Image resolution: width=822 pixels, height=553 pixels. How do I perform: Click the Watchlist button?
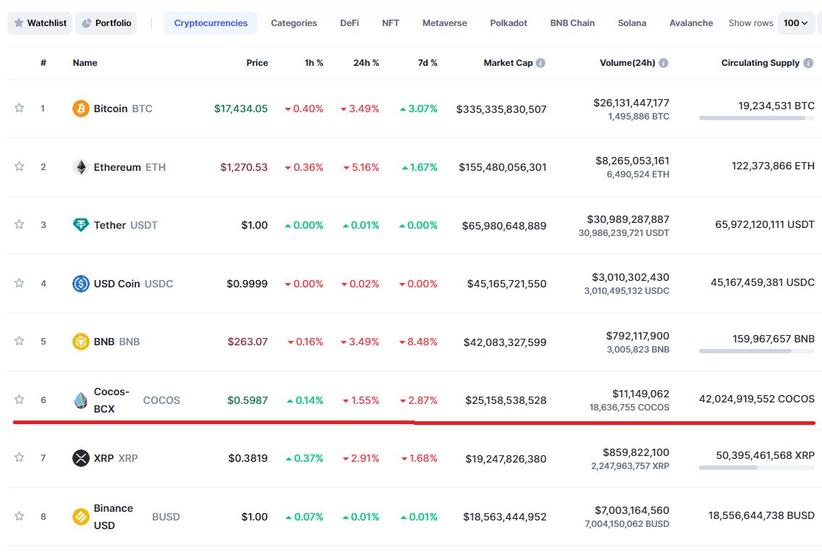click(40, 23)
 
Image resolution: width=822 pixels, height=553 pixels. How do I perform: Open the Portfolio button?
click(106, 23)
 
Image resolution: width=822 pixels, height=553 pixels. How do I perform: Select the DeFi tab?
click(349, 23)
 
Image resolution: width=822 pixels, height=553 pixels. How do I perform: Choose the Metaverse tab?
click(444, 23)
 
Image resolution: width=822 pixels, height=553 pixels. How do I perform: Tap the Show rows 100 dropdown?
click(796, 23)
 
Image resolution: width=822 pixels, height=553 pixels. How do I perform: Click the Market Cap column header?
click(508, 63)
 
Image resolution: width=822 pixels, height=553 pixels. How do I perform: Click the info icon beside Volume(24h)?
click(663, 63)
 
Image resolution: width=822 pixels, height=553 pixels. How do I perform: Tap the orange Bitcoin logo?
click(81, 109)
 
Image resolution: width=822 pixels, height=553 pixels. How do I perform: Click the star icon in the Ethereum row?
click(20, 166)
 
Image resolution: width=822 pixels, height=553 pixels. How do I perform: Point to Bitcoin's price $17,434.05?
click(241, 109)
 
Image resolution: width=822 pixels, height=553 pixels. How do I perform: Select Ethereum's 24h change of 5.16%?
click(361, 167)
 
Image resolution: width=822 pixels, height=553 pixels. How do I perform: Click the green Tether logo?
click(81, 225)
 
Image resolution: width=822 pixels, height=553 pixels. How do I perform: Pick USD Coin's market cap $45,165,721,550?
click(507, 284)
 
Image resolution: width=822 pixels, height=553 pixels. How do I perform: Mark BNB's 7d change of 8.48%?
click(418, 342)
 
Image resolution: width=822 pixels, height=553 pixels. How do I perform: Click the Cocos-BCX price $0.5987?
click(247, 400)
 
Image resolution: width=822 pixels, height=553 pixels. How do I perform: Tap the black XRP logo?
click(81, 458)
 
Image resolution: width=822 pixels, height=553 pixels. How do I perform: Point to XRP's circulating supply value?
click(765, 455)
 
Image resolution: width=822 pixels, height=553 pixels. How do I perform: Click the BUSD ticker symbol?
click(166, 517)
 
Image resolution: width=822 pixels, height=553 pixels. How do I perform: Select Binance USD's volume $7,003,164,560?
click(632, 510)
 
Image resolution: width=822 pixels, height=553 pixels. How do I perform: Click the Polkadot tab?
click(509, 23)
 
